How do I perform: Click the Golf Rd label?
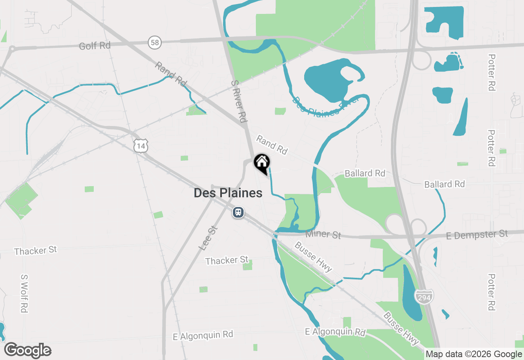[95, 45]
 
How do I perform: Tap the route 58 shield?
[155, 42]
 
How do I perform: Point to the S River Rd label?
[239, 101]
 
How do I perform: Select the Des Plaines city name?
[228, 193]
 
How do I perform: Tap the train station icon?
[238, 212]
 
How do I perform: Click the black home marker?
[262, 163]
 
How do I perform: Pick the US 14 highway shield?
[140, 145]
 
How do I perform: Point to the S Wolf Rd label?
[24, 293]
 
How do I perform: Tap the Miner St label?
[323, 234]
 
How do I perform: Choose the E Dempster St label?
[477, 234]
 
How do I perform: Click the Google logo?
[27, 351]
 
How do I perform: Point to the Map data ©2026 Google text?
[473, 354]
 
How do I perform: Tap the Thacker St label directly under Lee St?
[227, 260]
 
